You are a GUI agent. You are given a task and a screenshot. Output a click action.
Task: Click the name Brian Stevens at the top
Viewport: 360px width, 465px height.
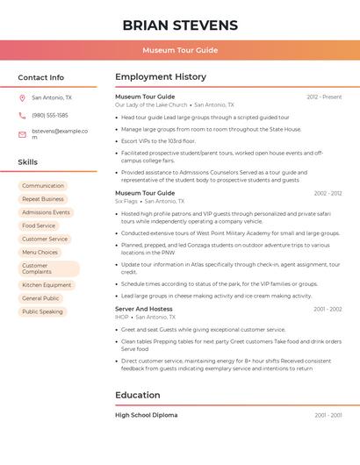(180, 25)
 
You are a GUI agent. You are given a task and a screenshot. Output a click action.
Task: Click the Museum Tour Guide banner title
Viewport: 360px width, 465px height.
(180, 50)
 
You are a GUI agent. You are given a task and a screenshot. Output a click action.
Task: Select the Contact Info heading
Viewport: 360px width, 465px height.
(40, 77)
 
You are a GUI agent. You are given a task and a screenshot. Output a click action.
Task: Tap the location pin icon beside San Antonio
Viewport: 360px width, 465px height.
(22, 97)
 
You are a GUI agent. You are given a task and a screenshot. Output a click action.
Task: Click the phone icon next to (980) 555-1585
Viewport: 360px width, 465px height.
(22, 115)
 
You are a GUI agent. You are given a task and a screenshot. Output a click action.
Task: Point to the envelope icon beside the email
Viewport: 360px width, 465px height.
(22, 134)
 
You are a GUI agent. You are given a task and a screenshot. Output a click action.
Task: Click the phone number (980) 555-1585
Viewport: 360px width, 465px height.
(50, 115)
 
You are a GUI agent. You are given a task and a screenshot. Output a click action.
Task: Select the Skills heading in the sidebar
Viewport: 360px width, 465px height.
(27, 162)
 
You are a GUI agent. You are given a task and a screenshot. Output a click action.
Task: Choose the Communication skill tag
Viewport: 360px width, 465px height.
(43, 186)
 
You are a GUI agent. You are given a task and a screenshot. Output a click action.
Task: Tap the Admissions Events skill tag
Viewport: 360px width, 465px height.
(46, 212)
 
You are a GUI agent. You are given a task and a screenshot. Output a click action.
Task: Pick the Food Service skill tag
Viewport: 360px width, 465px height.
(39, 225)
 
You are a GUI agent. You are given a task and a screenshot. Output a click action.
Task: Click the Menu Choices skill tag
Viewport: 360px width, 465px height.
(40, 252)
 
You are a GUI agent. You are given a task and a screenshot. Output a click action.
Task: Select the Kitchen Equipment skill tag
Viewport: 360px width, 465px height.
(47, 285)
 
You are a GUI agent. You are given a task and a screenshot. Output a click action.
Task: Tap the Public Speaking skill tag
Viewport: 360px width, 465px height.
(42, 311)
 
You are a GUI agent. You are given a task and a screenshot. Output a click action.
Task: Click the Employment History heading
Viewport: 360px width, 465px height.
(161, 77)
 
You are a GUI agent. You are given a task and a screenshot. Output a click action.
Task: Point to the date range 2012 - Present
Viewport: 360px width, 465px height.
(324, 97)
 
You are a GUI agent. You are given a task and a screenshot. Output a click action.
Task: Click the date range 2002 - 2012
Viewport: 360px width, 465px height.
(328, 193)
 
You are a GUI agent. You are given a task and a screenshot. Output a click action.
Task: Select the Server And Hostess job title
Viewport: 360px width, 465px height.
(144, 309)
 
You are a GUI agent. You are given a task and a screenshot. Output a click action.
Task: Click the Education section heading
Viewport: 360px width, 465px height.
(138, 395)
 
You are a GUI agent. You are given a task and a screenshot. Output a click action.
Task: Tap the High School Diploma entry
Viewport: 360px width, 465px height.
(146, 415)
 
